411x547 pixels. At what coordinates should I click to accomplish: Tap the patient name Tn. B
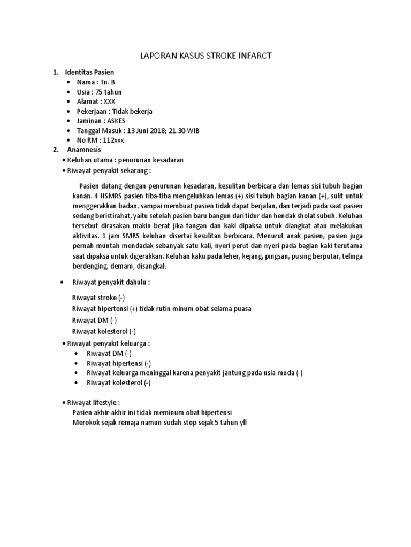coord(108,82)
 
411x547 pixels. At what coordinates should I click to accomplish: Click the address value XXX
coord(109,101)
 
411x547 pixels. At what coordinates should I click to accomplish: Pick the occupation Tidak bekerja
coord(131,111)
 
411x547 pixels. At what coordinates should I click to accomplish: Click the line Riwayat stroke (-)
coord(99,298)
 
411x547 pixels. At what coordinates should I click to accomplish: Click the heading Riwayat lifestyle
coord(93,402)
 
